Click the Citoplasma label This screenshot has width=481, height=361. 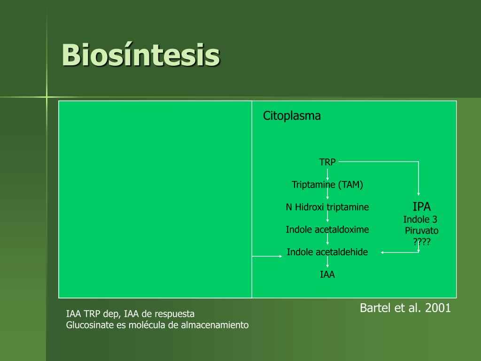tap(292, 116)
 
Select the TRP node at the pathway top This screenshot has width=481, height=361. tap(327, 162)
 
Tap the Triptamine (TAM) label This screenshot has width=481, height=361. tap(327, 184)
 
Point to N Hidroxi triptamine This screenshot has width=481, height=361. tap(327, 207)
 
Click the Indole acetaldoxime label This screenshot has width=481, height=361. tap(327, 229)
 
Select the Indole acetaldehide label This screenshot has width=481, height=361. tap(327, 252)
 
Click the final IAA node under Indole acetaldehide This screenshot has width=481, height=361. tap(327, 274)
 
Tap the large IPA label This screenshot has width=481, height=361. tap(421, 207)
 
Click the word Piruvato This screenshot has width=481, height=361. tap(421, 230)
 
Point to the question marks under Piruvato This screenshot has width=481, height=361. tap(422, 242)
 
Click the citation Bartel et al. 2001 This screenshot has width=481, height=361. tap(405, 307)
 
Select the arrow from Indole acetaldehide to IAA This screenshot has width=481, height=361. tap(327, 262)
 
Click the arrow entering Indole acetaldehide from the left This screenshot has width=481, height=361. tap(267, 256)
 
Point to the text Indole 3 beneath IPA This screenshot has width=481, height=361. tap(420, 219)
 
